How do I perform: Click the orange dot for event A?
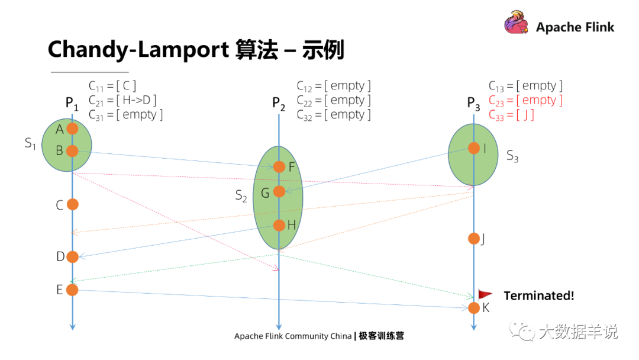click(72, 128)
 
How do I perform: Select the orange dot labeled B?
click(72, 151)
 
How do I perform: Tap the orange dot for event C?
click(72, 204)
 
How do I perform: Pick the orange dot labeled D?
click(72, 257)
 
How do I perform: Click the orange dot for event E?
click(72, 290)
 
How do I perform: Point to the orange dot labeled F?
click(279, 167)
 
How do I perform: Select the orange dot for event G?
click(279, 191)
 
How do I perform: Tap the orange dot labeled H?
click(279, 225)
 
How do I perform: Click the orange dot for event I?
click(474, 148)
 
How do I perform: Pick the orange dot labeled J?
click(474, 239)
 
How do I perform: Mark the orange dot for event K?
click(474, 308)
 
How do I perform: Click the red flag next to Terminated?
click(485, 294)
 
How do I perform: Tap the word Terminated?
click(538, 295)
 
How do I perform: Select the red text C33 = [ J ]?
click(511, 115)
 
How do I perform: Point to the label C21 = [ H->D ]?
click(122, 100)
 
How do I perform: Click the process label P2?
click(279, 104)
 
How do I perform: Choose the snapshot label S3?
click(512, 156)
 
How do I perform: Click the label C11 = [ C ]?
click(112, 86)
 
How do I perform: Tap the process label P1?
click(72, 104)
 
